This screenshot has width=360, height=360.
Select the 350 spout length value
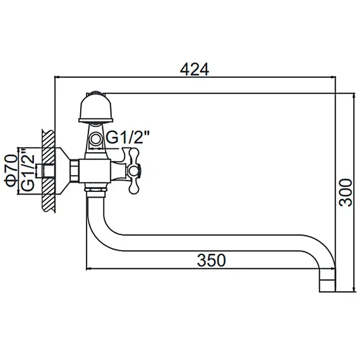click(210, 259)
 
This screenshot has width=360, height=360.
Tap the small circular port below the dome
click(96, 138)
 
